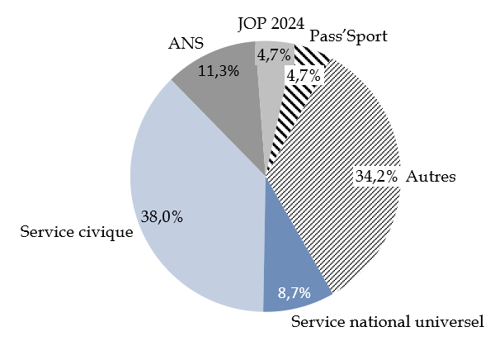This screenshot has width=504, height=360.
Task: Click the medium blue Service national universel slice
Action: point(293,264)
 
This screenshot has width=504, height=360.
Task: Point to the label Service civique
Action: point(76,232)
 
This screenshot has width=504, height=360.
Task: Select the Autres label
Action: point(431,176)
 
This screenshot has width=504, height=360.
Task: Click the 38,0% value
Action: point(163,217)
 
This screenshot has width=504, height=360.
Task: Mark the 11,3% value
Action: point(219,71)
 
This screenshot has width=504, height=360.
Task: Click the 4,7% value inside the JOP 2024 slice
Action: point(272,55)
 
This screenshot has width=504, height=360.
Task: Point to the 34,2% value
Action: point(377,176)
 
